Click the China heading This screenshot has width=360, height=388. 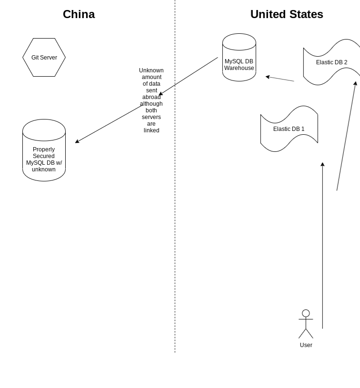click(x=79, y=14)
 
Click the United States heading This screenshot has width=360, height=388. click(x=287, y=14)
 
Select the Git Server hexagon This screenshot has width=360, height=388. click(x=44, y=58)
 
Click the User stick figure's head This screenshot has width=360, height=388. click(x=306, y=313)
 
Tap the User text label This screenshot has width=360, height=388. click(x=306, y=345)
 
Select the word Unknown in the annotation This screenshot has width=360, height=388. click(x=151, y=70)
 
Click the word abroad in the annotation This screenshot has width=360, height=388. click(x=151, y=97)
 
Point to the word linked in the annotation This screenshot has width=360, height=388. click(x=151, y=130)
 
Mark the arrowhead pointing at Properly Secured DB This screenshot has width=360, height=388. click(x=77, y=141)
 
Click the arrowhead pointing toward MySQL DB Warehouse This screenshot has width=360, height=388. click(x=268, y=77)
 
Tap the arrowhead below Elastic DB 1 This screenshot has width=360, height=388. click(x=322, y=164)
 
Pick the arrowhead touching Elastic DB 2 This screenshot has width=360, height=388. click(x=355, y=83)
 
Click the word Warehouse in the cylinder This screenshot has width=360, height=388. click(x=239, y=68)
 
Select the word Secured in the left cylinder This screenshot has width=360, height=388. click(x=44, y=156)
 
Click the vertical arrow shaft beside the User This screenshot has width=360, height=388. click(x=322, y=248)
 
